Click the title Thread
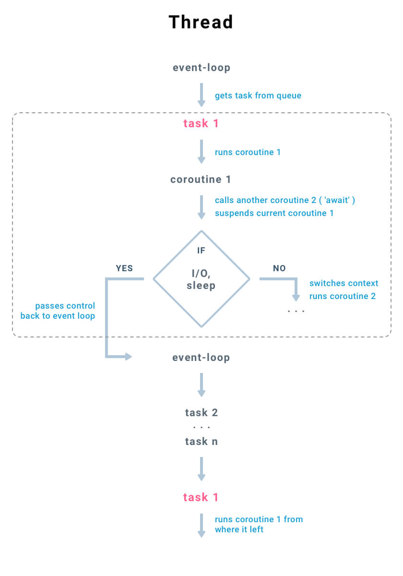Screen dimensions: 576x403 [201, 22]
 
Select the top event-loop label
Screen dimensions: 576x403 [201, 68]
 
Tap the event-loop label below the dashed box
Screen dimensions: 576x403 [201, 358]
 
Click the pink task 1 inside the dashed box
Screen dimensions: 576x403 [201, 123]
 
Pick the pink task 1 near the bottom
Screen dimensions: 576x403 [201, 497]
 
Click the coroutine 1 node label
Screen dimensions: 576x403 [201, 180]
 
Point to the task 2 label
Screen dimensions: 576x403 [201, 413]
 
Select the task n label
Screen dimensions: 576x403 [201, 442]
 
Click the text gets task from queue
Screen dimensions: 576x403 [258, 96]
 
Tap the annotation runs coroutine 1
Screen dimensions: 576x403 [248, 152]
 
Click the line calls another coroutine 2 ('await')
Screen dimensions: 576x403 [285, 200]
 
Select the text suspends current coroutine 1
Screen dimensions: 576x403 [274, 213]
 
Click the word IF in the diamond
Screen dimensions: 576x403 [201, 251]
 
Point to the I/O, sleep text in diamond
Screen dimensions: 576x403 [201, 280]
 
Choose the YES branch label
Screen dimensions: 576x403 [124, 268]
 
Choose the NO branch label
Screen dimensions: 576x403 [279, 268]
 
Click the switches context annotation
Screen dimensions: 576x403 [344, 283]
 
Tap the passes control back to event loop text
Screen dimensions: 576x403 [59, 311]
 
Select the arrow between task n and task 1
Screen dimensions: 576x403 [201, 469]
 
